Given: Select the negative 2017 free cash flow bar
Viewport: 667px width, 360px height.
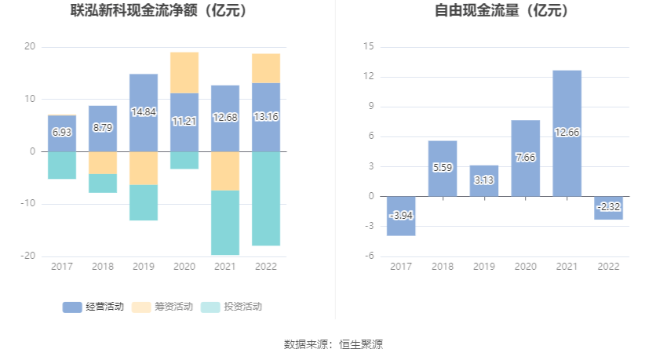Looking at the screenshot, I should [x=401, y=216].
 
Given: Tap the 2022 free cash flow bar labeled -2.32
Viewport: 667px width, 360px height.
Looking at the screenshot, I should [x=608, y=208].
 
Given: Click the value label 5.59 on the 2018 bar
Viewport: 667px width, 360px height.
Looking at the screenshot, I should [x=443, y=167].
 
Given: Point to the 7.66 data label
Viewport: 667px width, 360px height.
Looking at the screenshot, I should [x=525, y=157].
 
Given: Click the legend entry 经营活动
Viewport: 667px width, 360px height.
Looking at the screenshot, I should [x=93, y=307].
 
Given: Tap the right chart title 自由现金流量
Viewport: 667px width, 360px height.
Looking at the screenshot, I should [x=502, y=11].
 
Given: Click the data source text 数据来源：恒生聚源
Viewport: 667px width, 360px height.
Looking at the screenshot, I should [x=333, y=344].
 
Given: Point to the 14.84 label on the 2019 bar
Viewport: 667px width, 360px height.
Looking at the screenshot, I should [x=144, y=112].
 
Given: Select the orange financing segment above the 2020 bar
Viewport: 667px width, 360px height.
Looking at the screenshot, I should [x=184, y=73].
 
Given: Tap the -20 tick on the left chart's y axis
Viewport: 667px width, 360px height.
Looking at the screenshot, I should [x=28, y=256].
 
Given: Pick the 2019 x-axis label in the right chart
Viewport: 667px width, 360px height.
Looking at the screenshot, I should [x=484, y=266].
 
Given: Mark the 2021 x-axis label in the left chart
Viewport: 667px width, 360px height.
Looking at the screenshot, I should [x=225, y=266].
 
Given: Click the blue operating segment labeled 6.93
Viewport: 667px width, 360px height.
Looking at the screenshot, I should [x=62, y=133].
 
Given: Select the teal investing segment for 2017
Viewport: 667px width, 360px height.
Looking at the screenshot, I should [x=62, y=165].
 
